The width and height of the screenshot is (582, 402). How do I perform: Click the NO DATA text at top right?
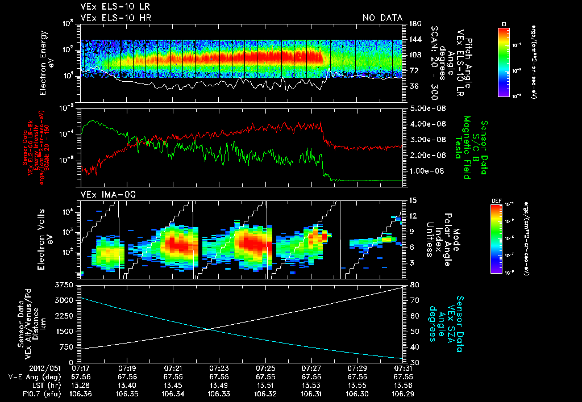click(382, 18)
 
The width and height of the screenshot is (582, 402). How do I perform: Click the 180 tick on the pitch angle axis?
click(414, 23)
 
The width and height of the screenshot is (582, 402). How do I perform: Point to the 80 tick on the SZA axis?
click(414, 284)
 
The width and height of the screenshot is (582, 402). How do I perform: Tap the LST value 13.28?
click(82, 384)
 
